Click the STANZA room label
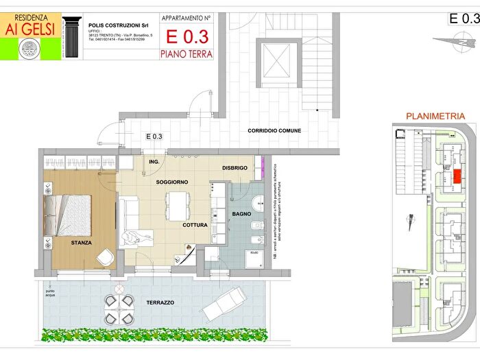(82, 243)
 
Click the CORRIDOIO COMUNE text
(274, 130)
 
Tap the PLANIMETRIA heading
(435, 117)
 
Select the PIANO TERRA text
(186, 53)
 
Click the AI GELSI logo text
(29, 29)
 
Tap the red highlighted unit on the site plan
(457, 176)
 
